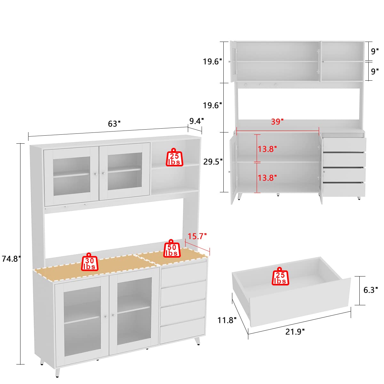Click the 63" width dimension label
(114, 124)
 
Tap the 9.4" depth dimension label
(196, 121)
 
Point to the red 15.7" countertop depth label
(197, 236)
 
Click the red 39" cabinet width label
(277, 122)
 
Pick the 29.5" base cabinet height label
(213, 162)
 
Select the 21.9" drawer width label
(295, 332)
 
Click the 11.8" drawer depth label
(227, 320)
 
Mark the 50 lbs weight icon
(172, 249)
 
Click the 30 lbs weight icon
(89, 262)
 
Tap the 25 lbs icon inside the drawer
(280, 277)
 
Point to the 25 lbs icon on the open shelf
(174, 158)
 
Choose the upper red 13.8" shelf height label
(267, 149)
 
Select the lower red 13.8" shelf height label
(267, 178)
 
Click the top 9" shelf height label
(375, 51)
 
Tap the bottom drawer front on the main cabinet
(182, 330)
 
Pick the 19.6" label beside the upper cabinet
(212, 61)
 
